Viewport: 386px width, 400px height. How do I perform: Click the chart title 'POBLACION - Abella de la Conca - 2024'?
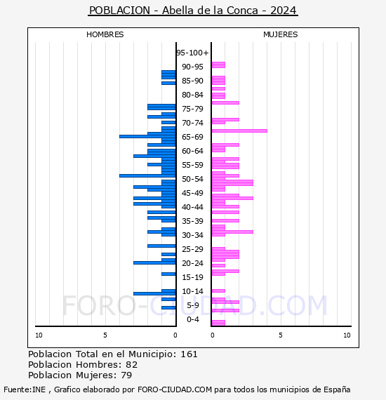coord(193,11)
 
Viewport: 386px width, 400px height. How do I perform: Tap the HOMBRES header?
coord(105,34)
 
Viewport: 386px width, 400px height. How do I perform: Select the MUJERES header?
coord(281,34)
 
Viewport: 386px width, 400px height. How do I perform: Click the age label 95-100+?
coord(192,53)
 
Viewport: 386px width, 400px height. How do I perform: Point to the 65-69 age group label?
coord(192,137)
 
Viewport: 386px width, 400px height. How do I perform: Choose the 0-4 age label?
coord(192,319)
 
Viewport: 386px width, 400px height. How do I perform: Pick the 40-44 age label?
coord(192,207)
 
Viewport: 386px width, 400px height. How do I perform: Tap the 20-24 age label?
coord(192,263)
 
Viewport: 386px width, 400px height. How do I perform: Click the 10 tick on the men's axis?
coord(39,335)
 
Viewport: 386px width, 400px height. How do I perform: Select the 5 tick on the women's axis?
coord(281,335)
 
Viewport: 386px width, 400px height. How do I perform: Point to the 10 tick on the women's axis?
coord(347,335)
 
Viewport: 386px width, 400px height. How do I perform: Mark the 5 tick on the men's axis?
coord(105,335)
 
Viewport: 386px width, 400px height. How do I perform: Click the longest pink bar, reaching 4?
coord(239,131)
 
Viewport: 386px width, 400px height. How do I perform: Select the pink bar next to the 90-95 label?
coord(218,65)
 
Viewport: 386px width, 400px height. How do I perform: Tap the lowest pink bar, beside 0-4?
coord(218,323)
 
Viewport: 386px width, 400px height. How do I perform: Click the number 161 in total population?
coord(189,354)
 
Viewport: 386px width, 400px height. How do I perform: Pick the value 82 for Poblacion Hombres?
coord(132,365)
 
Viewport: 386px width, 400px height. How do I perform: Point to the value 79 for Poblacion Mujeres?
coord(126,375)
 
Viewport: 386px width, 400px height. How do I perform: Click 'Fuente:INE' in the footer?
coord(25,389)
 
